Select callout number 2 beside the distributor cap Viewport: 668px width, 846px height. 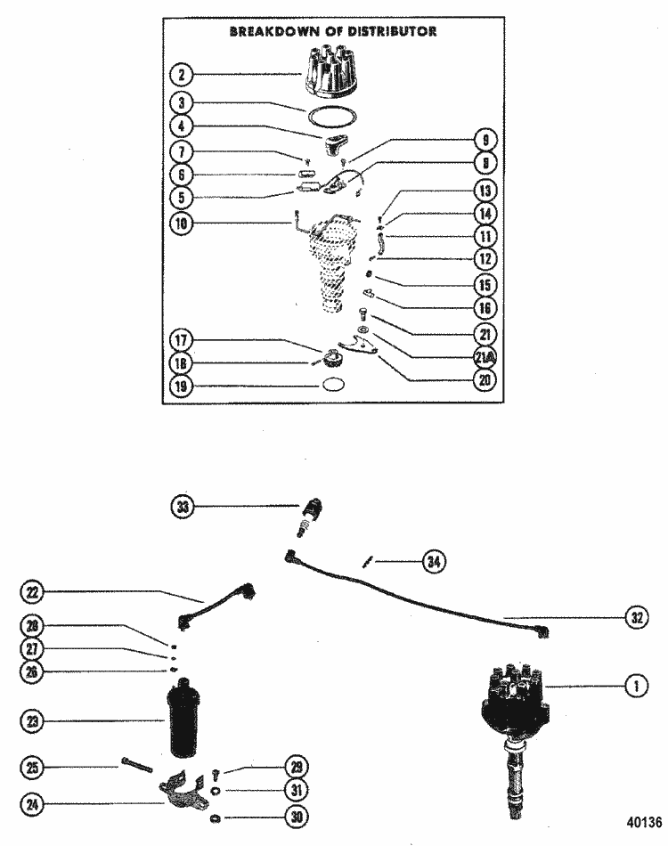(x=182, y=75)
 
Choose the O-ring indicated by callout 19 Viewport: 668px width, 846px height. (x=332, y=386)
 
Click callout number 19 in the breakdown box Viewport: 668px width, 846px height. (x=182, y=386)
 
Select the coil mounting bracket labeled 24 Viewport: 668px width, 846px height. (x=184, y=790)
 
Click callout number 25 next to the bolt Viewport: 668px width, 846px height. (x=30, y=765)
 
